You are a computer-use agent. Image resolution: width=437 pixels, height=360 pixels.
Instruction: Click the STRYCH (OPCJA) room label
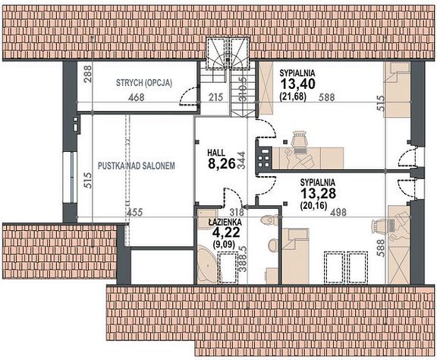[144, 83]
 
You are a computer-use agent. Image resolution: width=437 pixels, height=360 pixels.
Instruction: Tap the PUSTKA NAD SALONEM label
[137, 166]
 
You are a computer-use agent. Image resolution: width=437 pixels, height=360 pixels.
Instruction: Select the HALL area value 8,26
[222, 164]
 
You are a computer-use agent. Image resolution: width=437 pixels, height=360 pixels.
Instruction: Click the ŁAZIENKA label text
[225, 222]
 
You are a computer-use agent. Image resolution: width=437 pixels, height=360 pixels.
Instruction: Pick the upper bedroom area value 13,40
[297, 84]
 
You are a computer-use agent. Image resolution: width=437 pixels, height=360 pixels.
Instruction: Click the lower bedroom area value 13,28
[318, 193]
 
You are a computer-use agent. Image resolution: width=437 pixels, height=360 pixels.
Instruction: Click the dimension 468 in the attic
[137, 97]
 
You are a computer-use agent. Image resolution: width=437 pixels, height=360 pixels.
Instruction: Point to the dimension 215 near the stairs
[215, 97]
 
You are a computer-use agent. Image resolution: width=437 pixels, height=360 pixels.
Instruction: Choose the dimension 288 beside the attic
[88, 74]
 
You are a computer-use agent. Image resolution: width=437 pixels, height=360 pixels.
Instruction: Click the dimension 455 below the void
[134, 213]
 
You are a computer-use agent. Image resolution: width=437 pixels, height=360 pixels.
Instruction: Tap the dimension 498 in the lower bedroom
[338, 213]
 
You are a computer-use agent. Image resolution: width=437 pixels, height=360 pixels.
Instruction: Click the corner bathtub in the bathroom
[206, 263]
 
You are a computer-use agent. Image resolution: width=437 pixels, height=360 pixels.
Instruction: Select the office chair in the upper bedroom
[299, 139]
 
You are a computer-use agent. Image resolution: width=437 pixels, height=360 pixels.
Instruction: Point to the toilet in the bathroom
[269, 220]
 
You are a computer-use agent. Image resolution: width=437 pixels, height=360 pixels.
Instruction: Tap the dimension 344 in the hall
[241, 160]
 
